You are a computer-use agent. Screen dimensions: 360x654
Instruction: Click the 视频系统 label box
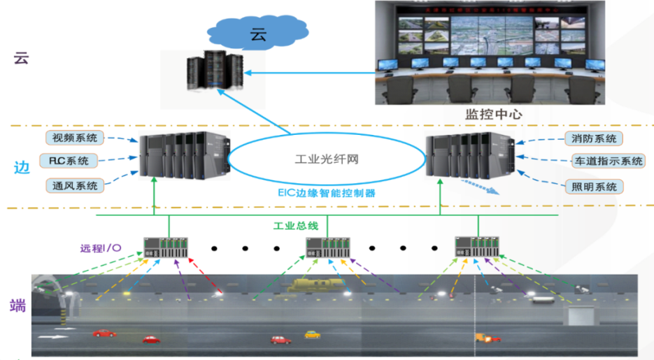[75, 137]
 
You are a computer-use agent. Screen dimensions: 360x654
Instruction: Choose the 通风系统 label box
[75, 185]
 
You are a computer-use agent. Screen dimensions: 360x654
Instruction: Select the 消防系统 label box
[593, 138]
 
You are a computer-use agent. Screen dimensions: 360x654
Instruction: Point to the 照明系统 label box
[593, 187]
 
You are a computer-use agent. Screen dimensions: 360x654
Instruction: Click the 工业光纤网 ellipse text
[327, 160]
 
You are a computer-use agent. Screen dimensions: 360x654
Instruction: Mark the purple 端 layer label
[18, 305]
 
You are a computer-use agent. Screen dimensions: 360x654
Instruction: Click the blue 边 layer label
[21, 168]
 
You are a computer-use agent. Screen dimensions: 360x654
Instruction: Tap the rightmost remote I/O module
[478, 246]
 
